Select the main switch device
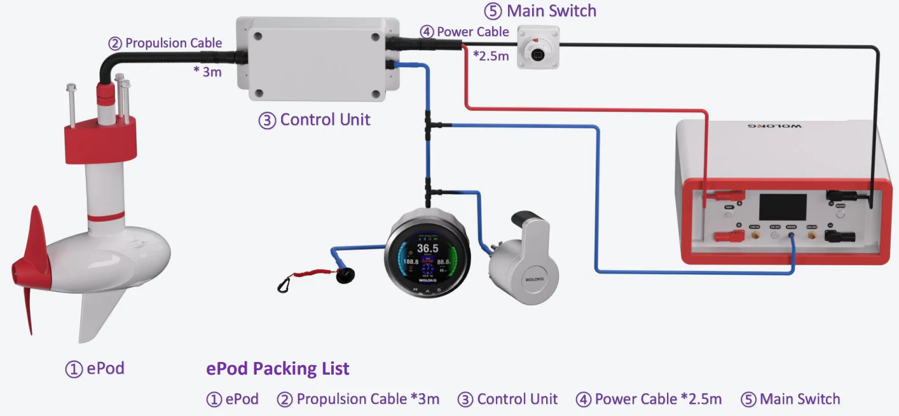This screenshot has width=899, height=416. pyautogui.click(x=538, y=47)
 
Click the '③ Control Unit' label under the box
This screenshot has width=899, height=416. pyautogui.click(x=315, y=120)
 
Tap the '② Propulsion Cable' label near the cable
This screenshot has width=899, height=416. pyautogui.click(x=165, y=43)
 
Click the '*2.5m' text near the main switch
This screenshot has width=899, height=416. pyautogui.click(x=491, y=56)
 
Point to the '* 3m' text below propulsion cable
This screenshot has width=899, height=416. pyautogui.click(x=208, y=71)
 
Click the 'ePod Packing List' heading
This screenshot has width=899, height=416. pyautogui.click(x=278, y=368)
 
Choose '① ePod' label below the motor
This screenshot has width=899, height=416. pyautogui.click(x=95, y=368)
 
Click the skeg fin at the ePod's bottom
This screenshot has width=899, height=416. pyautogui.click(x=95, y=318)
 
